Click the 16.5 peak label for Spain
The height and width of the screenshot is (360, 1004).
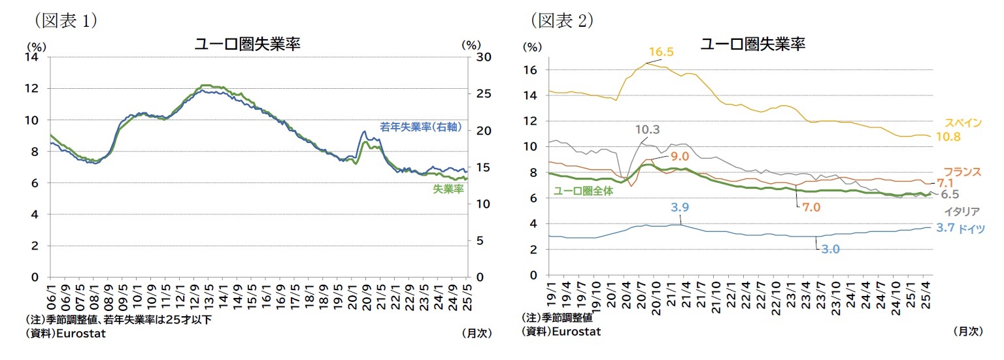[661, 52]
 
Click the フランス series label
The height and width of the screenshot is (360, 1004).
[963, 172]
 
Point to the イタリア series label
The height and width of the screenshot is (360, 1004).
[961, 211]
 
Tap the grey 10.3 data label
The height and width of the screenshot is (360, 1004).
[647, 129]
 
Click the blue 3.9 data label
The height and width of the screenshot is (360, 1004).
[680, 208]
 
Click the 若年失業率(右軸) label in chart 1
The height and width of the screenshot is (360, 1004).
[420, 127]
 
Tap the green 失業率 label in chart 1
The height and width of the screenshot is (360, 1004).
[448, 189]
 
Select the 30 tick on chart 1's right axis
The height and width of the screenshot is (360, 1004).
[469, 57]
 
